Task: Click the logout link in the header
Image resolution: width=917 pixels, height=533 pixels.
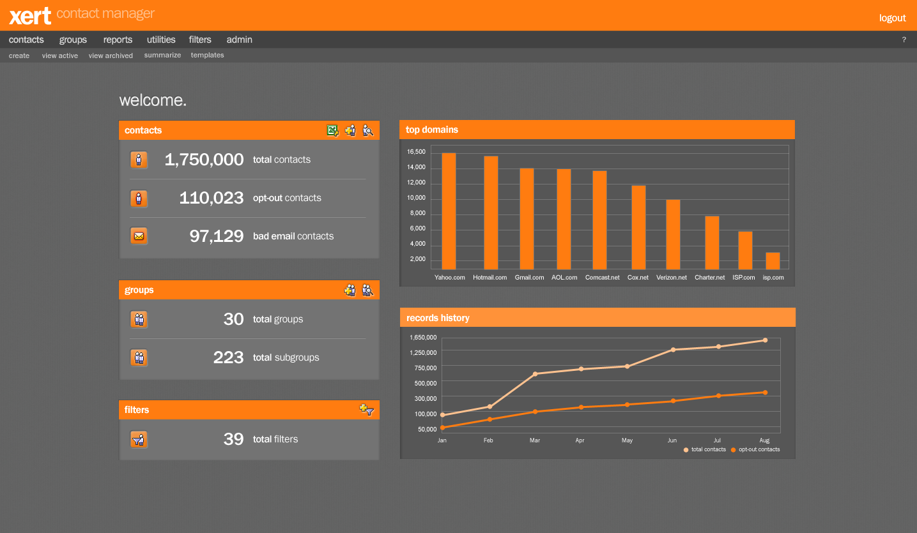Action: [x=892, y=18]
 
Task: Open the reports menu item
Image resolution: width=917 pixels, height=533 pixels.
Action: [x=118, y=40]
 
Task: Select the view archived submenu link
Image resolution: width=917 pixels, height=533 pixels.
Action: [x=111, y=56]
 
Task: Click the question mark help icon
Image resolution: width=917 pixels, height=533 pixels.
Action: [x=904, y=40]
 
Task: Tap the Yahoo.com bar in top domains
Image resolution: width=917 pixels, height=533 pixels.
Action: [x=449, y=211]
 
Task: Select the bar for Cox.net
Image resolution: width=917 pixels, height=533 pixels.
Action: [x=638, y=227]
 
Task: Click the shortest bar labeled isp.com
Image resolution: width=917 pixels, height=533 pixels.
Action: [x=773, y=260]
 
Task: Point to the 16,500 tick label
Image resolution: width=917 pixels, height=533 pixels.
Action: [x=416, y=152]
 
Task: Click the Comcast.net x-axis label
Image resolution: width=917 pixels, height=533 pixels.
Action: [x=602, y=278]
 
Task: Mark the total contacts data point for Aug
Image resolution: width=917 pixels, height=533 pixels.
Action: [x=765, y=340]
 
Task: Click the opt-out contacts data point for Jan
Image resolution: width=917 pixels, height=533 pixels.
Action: [x=442, y=427]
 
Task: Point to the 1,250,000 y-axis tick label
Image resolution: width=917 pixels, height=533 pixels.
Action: [x=423, y=352]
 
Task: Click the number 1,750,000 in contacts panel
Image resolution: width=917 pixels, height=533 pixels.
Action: [x=204, y=160]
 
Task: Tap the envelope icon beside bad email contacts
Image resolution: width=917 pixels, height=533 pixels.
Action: [x=139, y=236]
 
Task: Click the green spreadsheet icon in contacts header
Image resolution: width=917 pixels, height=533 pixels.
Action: [x=332, y=130]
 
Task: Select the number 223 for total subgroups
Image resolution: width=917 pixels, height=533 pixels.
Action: [x=228, y=357]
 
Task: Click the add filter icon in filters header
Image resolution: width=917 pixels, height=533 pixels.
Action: [x=366, y=410]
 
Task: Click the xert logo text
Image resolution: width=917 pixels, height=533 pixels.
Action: [x=30, y=15]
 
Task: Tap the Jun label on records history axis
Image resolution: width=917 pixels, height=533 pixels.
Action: [x=672, y=440]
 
